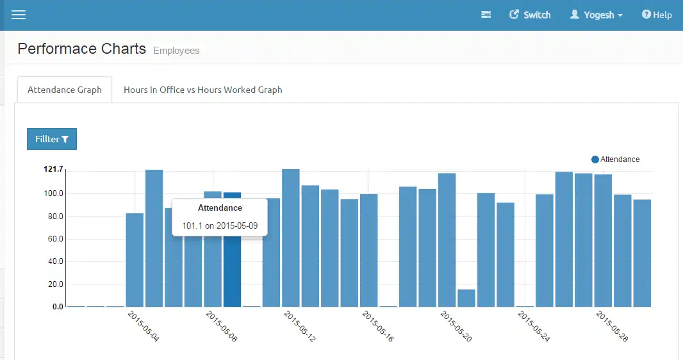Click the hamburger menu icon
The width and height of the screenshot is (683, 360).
point(19,15)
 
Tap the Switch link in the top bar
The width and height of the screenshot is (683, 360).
point(530,15)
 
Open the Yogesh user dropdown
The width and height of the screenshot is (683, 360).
point(596,15)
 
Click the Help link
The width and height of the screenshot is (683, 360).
point(657,15)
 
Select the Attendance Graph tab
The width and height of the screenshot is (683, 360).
point(65,90)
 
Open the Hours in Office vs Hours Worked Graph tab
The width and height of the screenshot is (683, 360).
point(202,90)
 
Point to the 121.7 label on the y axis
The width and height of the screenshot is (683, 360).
point(53,169)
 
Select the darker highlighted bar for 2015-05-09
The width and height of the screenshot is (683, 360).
point(232,275)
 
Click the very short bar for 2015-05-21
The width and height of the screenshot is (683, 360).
point(466,299)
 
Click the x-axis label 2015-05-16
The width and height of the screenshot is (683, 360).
point(377,326)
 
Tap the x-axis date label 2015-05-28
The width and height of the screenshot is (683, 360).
point(611,326)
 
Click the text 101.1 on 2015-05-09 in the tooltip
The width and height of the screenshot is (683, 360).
point(220,226)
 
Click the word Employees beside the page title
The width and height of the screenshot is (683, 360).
point(176,51)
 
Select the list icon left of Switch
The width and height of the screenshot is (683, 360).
point(486,15)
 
